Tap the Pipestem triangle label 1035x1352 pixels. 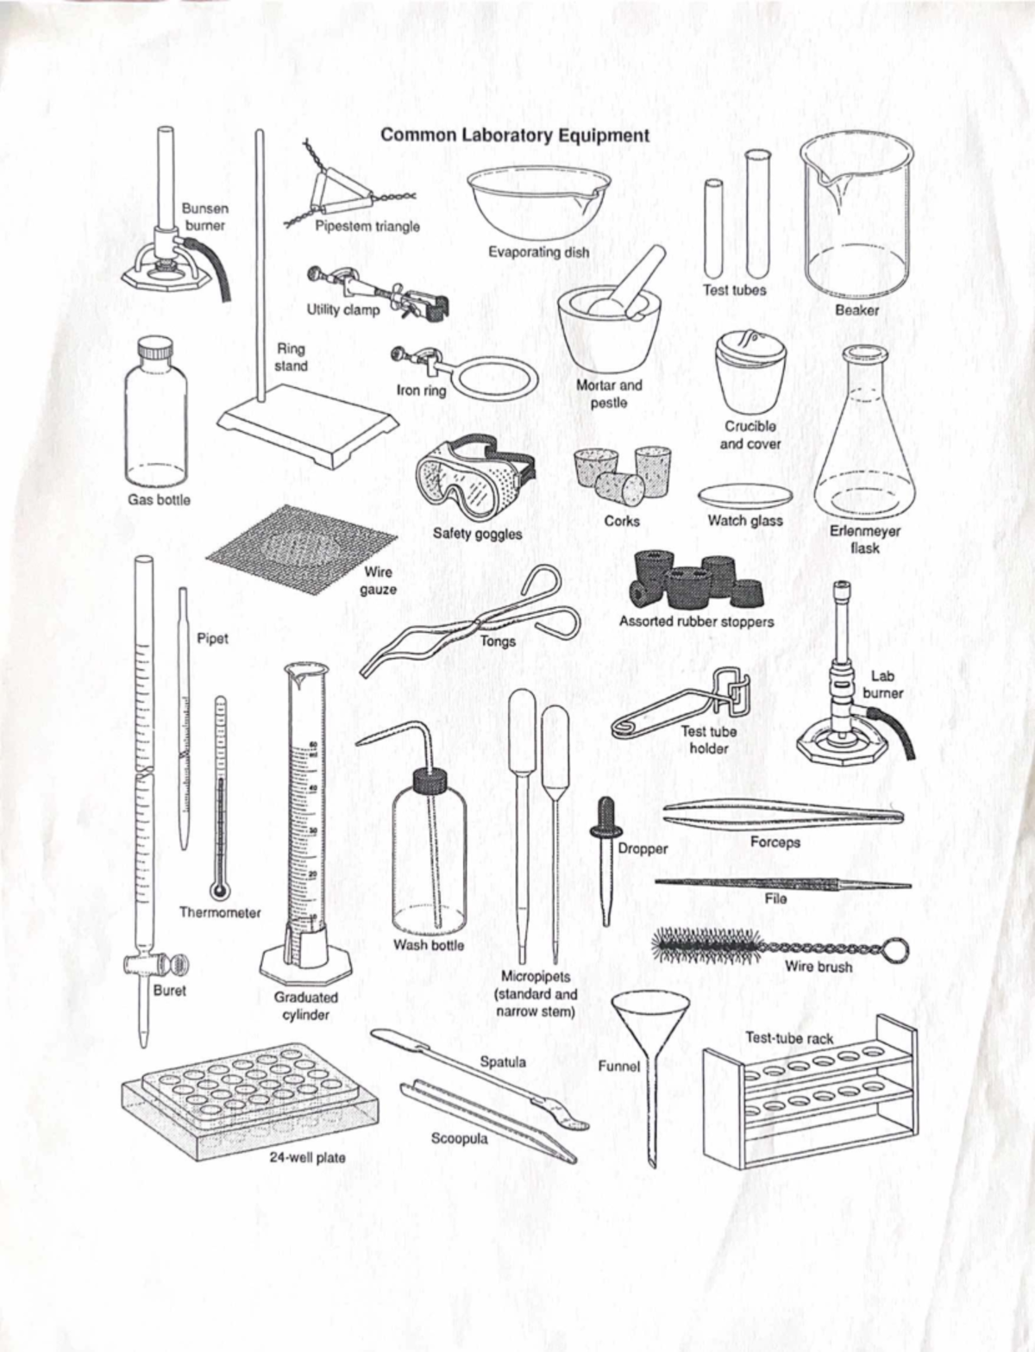click(367, 226)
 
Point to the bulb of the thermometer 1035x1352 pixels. click(218, 890)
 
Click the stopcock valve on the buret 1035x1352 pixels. click(156, 965)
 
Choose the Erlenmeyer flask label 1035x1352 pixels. click(865, 539)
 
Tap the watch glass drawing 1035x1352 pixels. click(745, 496)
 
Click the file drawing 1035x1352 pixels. click(782, 885)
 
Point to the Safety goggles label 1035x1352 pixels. click(478, 534)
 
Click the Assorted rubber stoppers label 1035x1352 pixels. click(696, 622)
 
